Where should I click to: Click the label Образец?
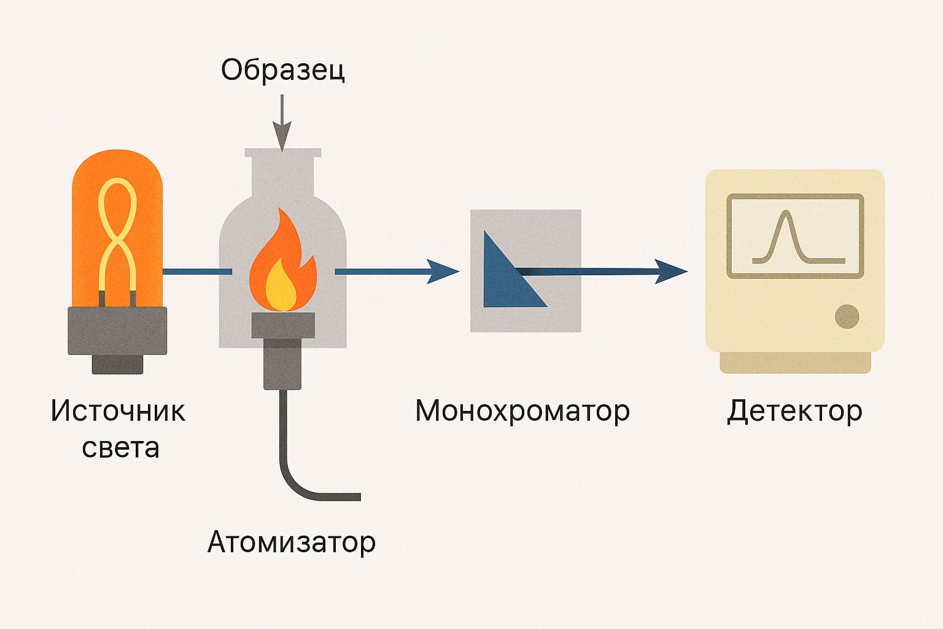coord(282,70)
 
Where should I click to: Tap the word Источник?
coord(118,411)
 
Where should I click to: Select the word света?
coord(120,448)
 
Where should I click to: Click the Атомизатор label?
coord(291,542)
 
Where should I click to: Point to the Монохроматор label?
coord(522,411)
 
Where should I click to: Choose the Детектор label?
coord(794,411)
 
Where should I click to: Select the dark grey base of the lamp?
coord(117,335)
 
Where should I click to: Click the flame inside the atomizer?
coord(282,267)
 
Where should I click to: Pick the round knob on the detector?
coord(847,316)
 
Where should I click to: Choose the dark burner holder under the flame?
coord(282,350)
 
